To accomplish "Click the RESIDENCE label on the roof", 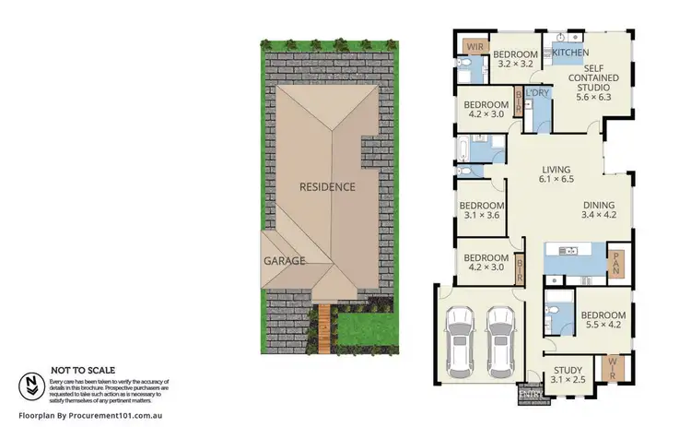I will tap(327, 186).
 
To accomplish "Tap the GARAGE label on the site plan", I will tap(285, 261).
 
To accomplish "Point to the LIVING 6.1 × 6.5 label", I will tap(556, 174).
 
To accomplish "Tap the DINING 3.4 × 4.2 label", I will tap(598, 211).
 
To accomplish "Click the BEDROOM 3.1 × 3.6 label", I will tap(482, 211).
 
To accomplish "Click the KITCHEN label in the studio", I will tap(569, 53).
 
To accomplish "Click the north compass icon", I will tap(32, 385).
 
